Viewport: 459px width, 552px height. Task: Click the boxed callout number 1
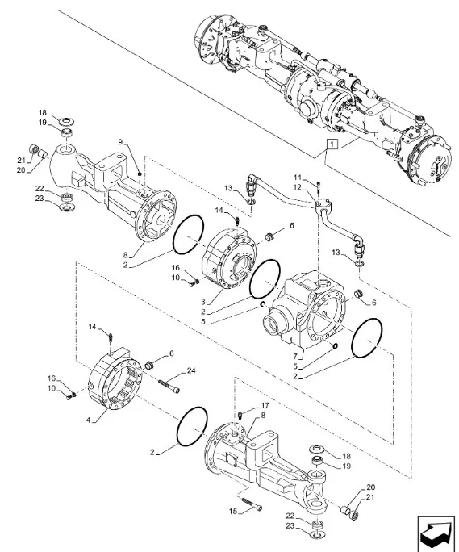[332, 144]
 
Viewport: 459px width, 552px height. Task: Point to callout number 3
[203, 302]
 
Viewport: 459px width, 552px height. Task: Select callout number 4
[89, 420]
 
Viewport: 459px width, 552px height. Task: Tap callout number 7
[295, 357]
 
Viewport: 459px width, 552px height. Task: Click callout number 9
[120, 142]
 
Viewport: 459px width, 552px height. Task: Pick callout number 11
[298, 177]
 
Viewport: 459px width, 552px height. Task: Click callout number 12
[298, 187]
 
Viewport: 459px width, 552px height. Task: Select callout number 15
[233, 511]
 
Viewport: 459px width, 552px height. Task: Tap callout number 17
[265, 406]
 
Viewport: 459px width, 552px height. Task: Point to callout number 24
[191, 370]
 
